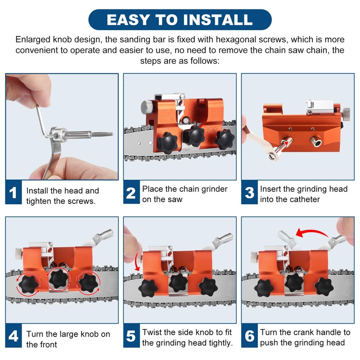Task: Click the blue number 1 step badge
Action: (13, 194)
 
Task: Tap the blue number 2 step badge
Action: (130, 193)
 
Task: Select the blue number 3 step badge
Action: (249, 193)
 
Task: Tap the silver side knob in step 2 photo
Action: (147, 107)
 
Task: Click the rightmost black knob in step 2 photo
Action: (224, 140)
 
